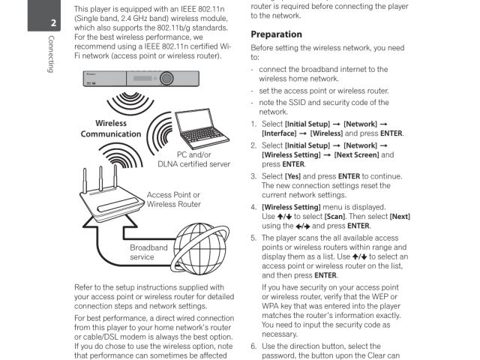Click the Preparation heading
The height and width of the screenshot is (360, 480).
pos(276,34)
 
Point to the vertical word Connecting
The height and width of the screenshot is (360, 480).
pos(51,55)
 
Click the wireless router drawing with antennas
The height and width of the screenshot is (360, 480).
pos(112,199)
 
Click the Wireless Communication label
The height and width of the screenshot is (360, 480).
pos(111,129)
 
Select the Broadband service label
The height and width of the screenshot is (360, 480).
pos(148,252)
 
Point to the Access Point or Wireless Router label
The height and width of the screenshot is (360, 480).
pos(174,199)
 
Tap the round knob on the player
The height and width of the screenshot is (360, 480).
pos(165,79)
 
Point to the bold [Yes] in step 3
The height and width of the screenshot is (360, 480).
pos(295,177)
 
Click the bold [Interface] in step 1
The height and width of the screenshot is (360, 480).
pos(278,133)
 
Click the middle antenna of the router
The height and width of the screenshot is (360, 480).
pos(100,178)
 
